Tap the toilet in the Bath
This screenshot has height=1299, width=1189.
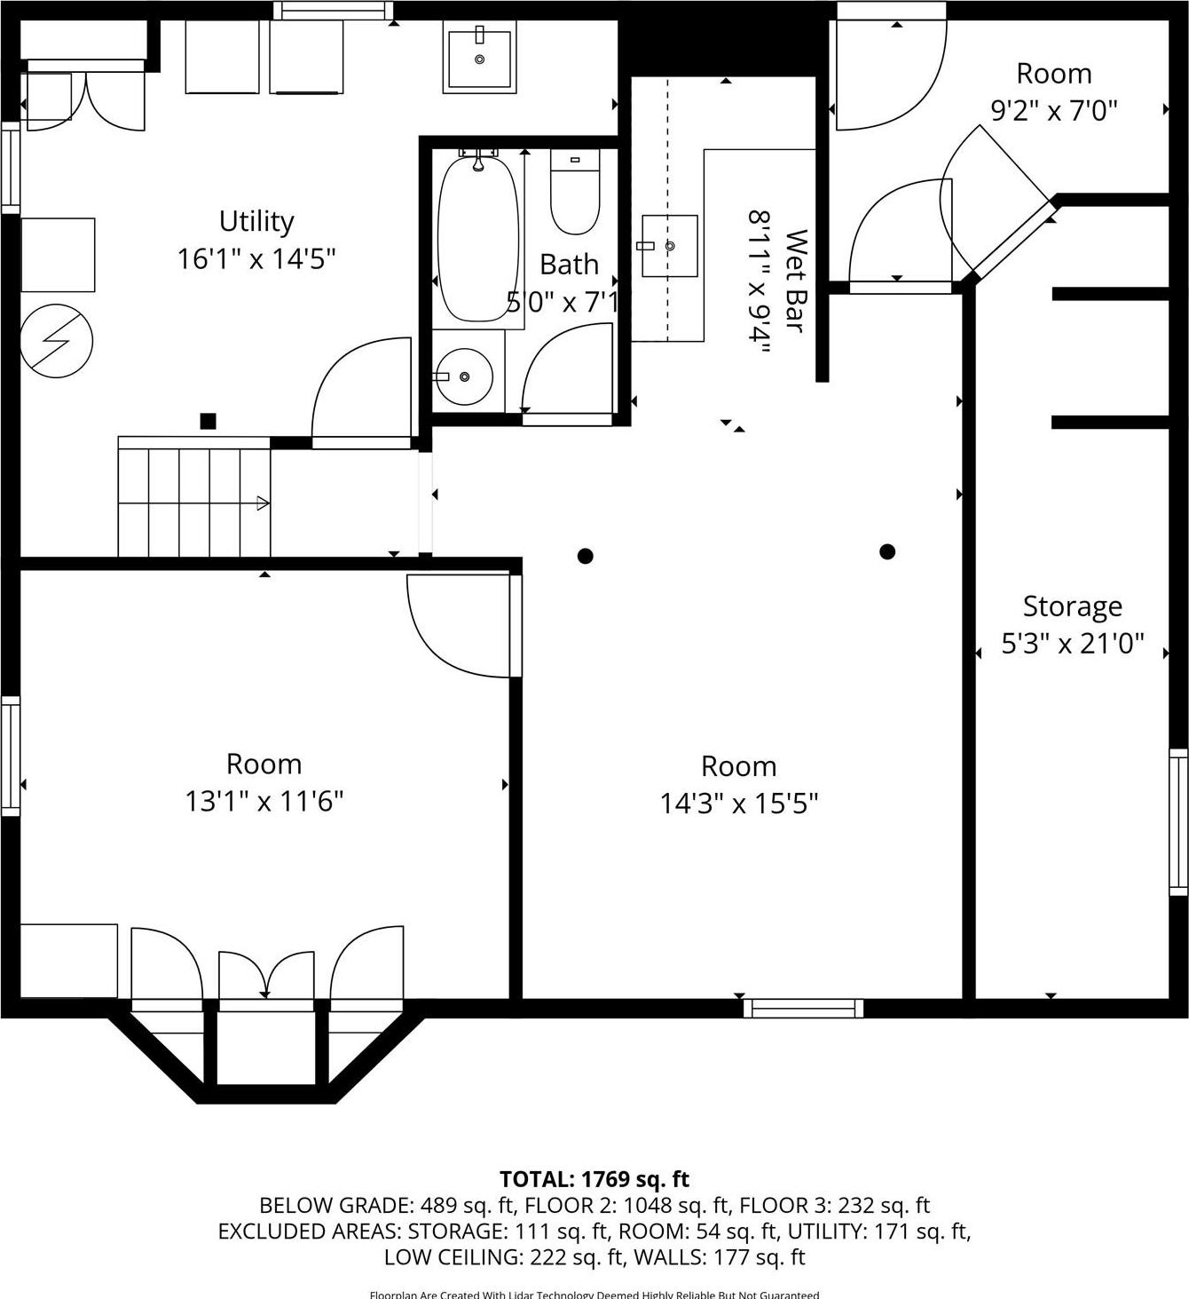[575, 192]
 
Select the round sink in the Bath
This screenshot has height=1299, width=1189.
[464, 376]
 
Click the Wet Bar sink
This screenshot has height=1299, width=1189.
[669, 246]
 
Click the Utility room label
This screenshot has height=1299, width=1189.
[256, 221]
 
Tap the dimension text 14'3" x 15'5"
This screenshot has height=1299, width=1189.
[738, 804]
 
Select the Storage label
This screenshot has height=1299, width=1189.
[1072, 606]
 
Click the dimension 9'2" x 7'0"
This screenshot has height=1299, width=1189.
[1053, 111]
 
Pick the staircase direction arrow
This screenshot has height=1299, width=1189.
[262, 503]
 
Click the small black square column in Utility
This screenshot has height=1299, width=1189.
[208, 422]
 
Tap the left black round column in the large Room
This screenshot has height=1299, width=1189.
[585, 557]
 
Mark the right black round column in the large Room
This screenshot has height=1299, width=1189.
[886, 552]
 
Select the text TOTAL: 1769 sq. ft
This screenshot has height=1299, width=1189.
[594, 1179]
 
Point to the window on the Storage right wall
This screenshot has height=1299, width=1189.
[1177, 821]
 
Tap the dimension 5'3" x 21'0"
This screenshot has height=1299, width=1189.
[1072, 644]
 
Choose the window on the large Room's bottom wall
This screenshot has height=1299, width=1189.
[803, 1008]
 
